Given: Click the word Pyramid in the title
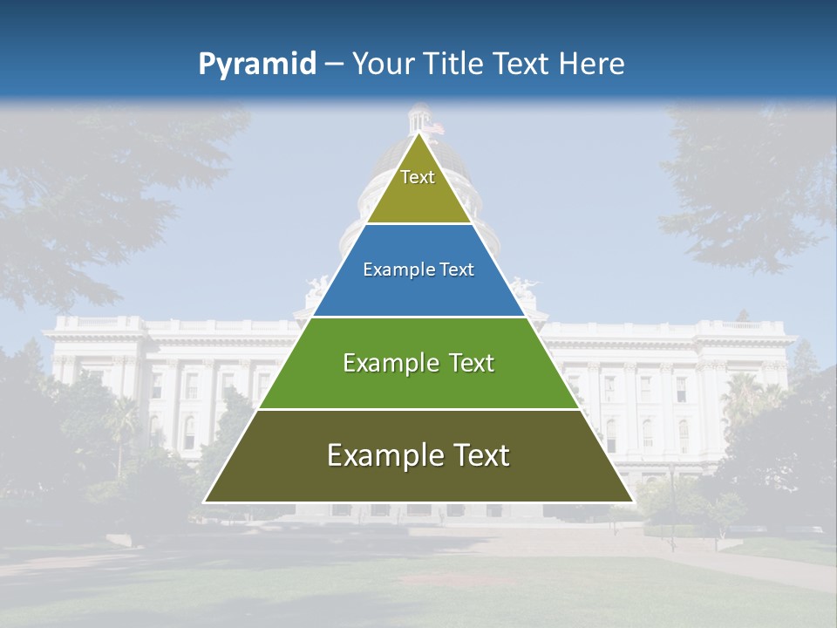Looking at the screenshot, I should [x=257, y=65].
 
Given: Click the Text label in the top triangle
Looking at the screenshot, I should [x=418, y=177].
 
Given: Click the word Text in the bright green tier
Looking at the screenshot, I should [x=472, y=363].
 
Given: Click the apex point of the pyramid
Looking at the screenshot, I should [x=418, y=133].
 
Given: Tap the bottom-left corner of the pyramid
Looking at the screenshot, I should [x=205, y=502].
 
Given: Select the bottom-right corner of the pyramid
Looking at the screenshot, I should [x=632, y=502].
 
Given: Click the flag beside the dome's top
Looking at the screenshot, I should [x=439, y=127].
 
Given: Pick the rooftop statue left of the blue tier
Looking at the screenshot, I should [x=317, y=287].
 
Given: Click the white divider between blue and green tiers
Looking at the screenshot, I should [x=418, y=317].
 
